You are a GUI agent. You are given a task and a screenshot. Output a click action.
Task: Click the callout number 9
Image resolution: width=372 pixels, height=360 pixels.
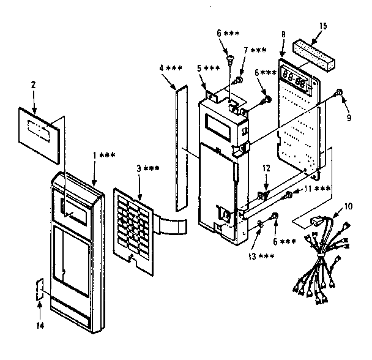348,118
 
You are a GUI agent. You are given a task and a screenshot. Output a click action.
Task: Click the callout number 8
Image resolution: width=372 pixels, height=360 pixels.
283,36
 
